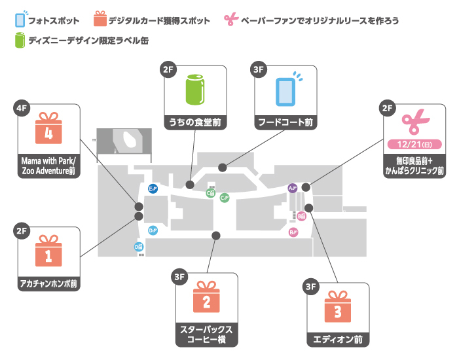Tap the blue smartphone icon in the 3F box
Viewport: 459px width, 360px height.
285,90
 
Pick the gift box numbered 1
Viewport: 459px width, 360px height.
48,252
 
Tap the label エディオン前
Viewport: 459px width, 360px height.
337,340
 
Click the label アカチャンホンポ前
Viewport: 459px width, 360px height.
48,284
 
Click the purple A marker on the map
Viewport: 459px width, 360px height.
292,189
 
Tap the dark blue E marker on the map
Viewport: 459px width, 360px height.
152,189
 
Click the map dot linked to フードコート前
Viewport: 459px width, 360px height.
223,168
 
